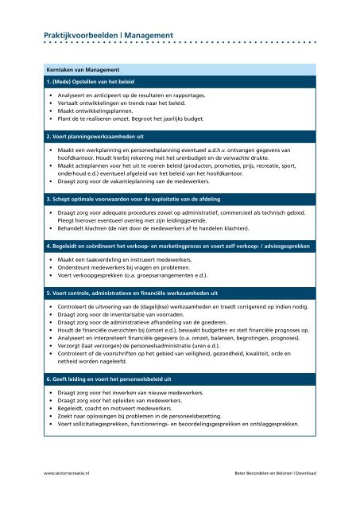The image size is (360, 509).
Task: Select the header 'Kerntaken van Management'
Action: coord(83,69)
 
